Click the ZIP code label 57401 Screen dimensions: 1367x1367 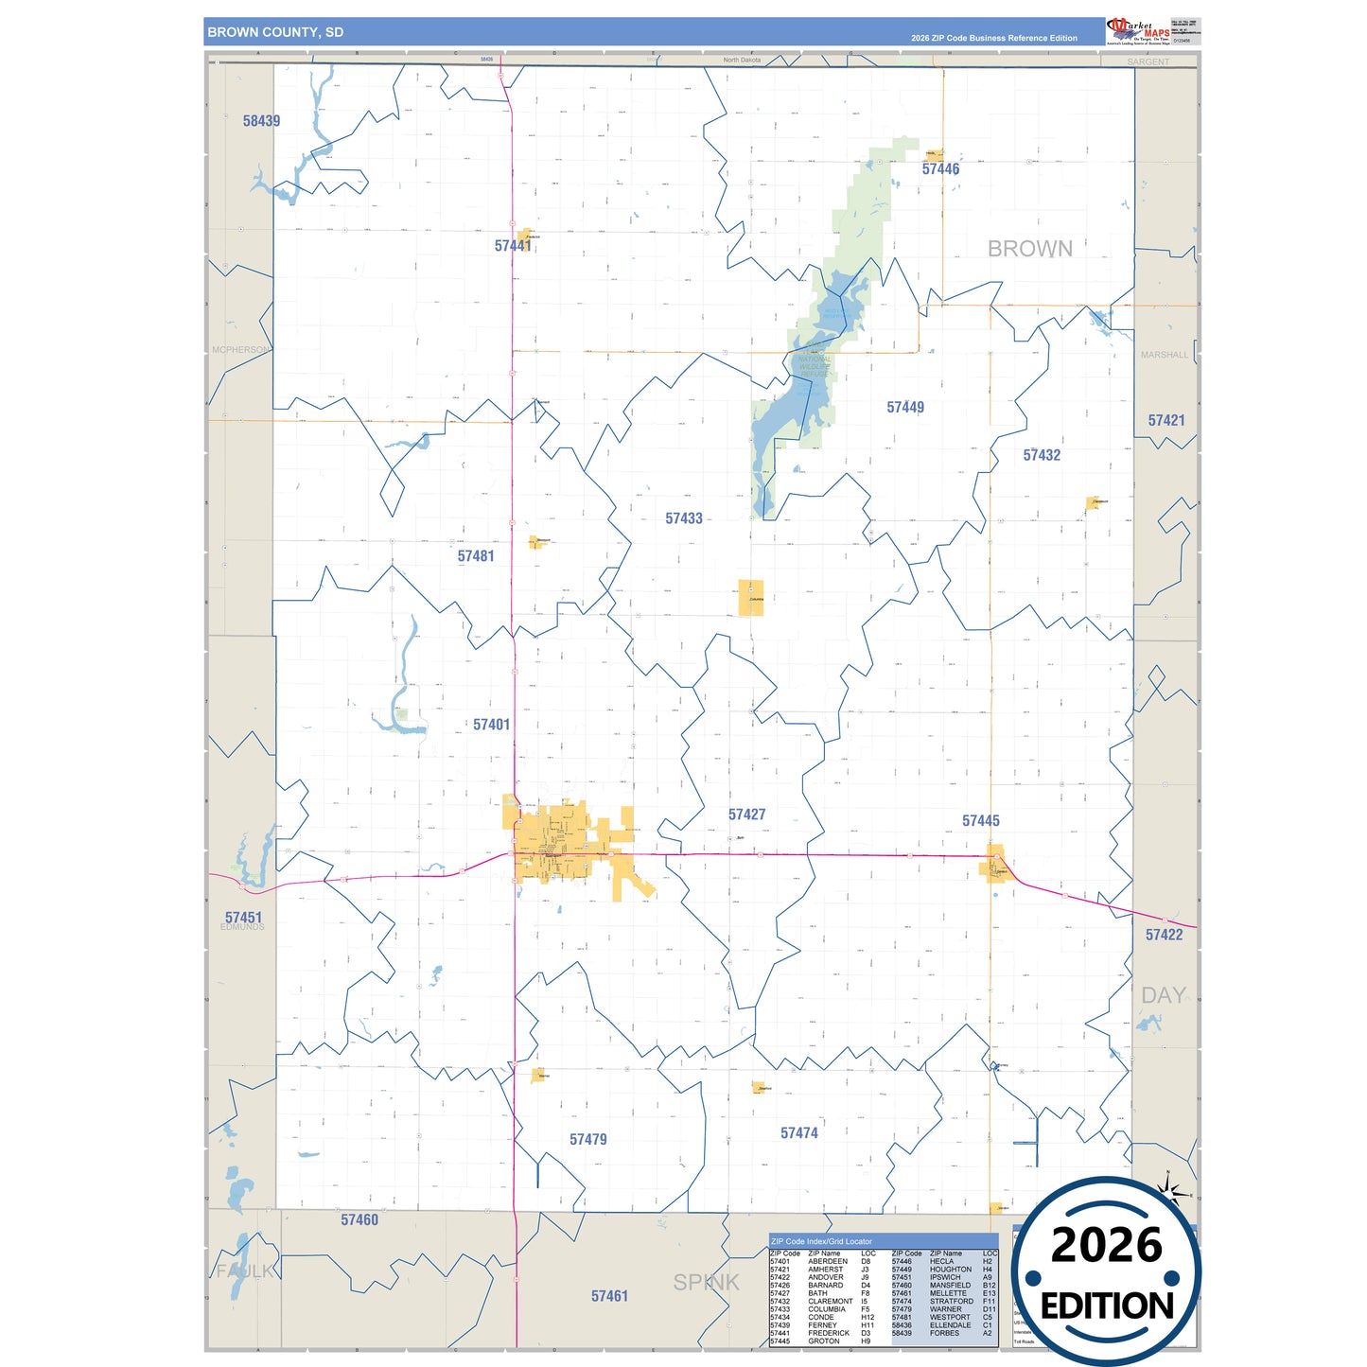491,725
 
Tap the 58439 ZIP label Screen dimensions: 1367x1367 261,121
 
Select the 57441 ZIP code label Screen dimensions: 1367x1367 513,246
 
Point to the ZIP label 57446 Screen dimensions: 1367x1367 940,169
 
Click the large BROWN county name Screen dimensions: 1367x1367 1029,249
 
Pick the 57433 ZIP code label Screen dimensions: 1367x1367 683,518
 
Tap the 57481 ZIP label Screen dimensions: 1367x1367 476,556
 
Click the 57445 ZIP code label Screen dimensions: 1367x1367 980,821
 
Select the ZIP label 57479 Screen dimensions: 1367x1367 587,1140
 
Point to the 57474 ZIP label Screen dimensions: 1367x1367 798,1133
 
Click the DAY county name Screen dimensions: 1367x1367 1163,995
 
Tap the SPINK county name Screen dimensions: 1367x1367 706,1283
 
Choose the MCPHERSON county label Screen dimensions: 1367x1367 240,350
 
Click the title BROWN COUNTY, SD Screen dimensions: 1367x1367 275,32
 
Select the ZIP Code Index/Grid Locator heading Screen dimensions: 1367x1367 821,1241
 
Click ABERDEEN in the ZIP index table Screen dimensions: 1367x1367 827,1261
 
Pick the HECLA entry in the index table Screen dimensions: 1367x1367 941,1261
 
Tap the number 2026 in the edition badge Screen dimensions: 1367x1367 1106,1245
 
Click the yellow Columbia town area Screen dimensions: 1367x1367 750,598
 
